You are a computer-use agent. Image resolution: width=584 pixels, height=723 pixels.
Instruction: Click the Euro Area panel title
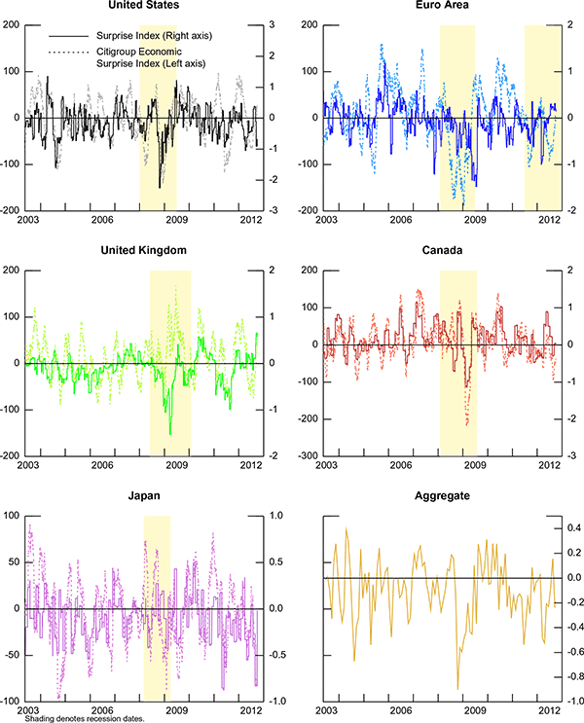(x=434, y=6)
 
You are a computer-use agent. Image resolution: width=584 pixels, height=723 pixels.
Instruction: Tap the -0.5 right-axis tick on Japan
(x=277, y=655)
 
